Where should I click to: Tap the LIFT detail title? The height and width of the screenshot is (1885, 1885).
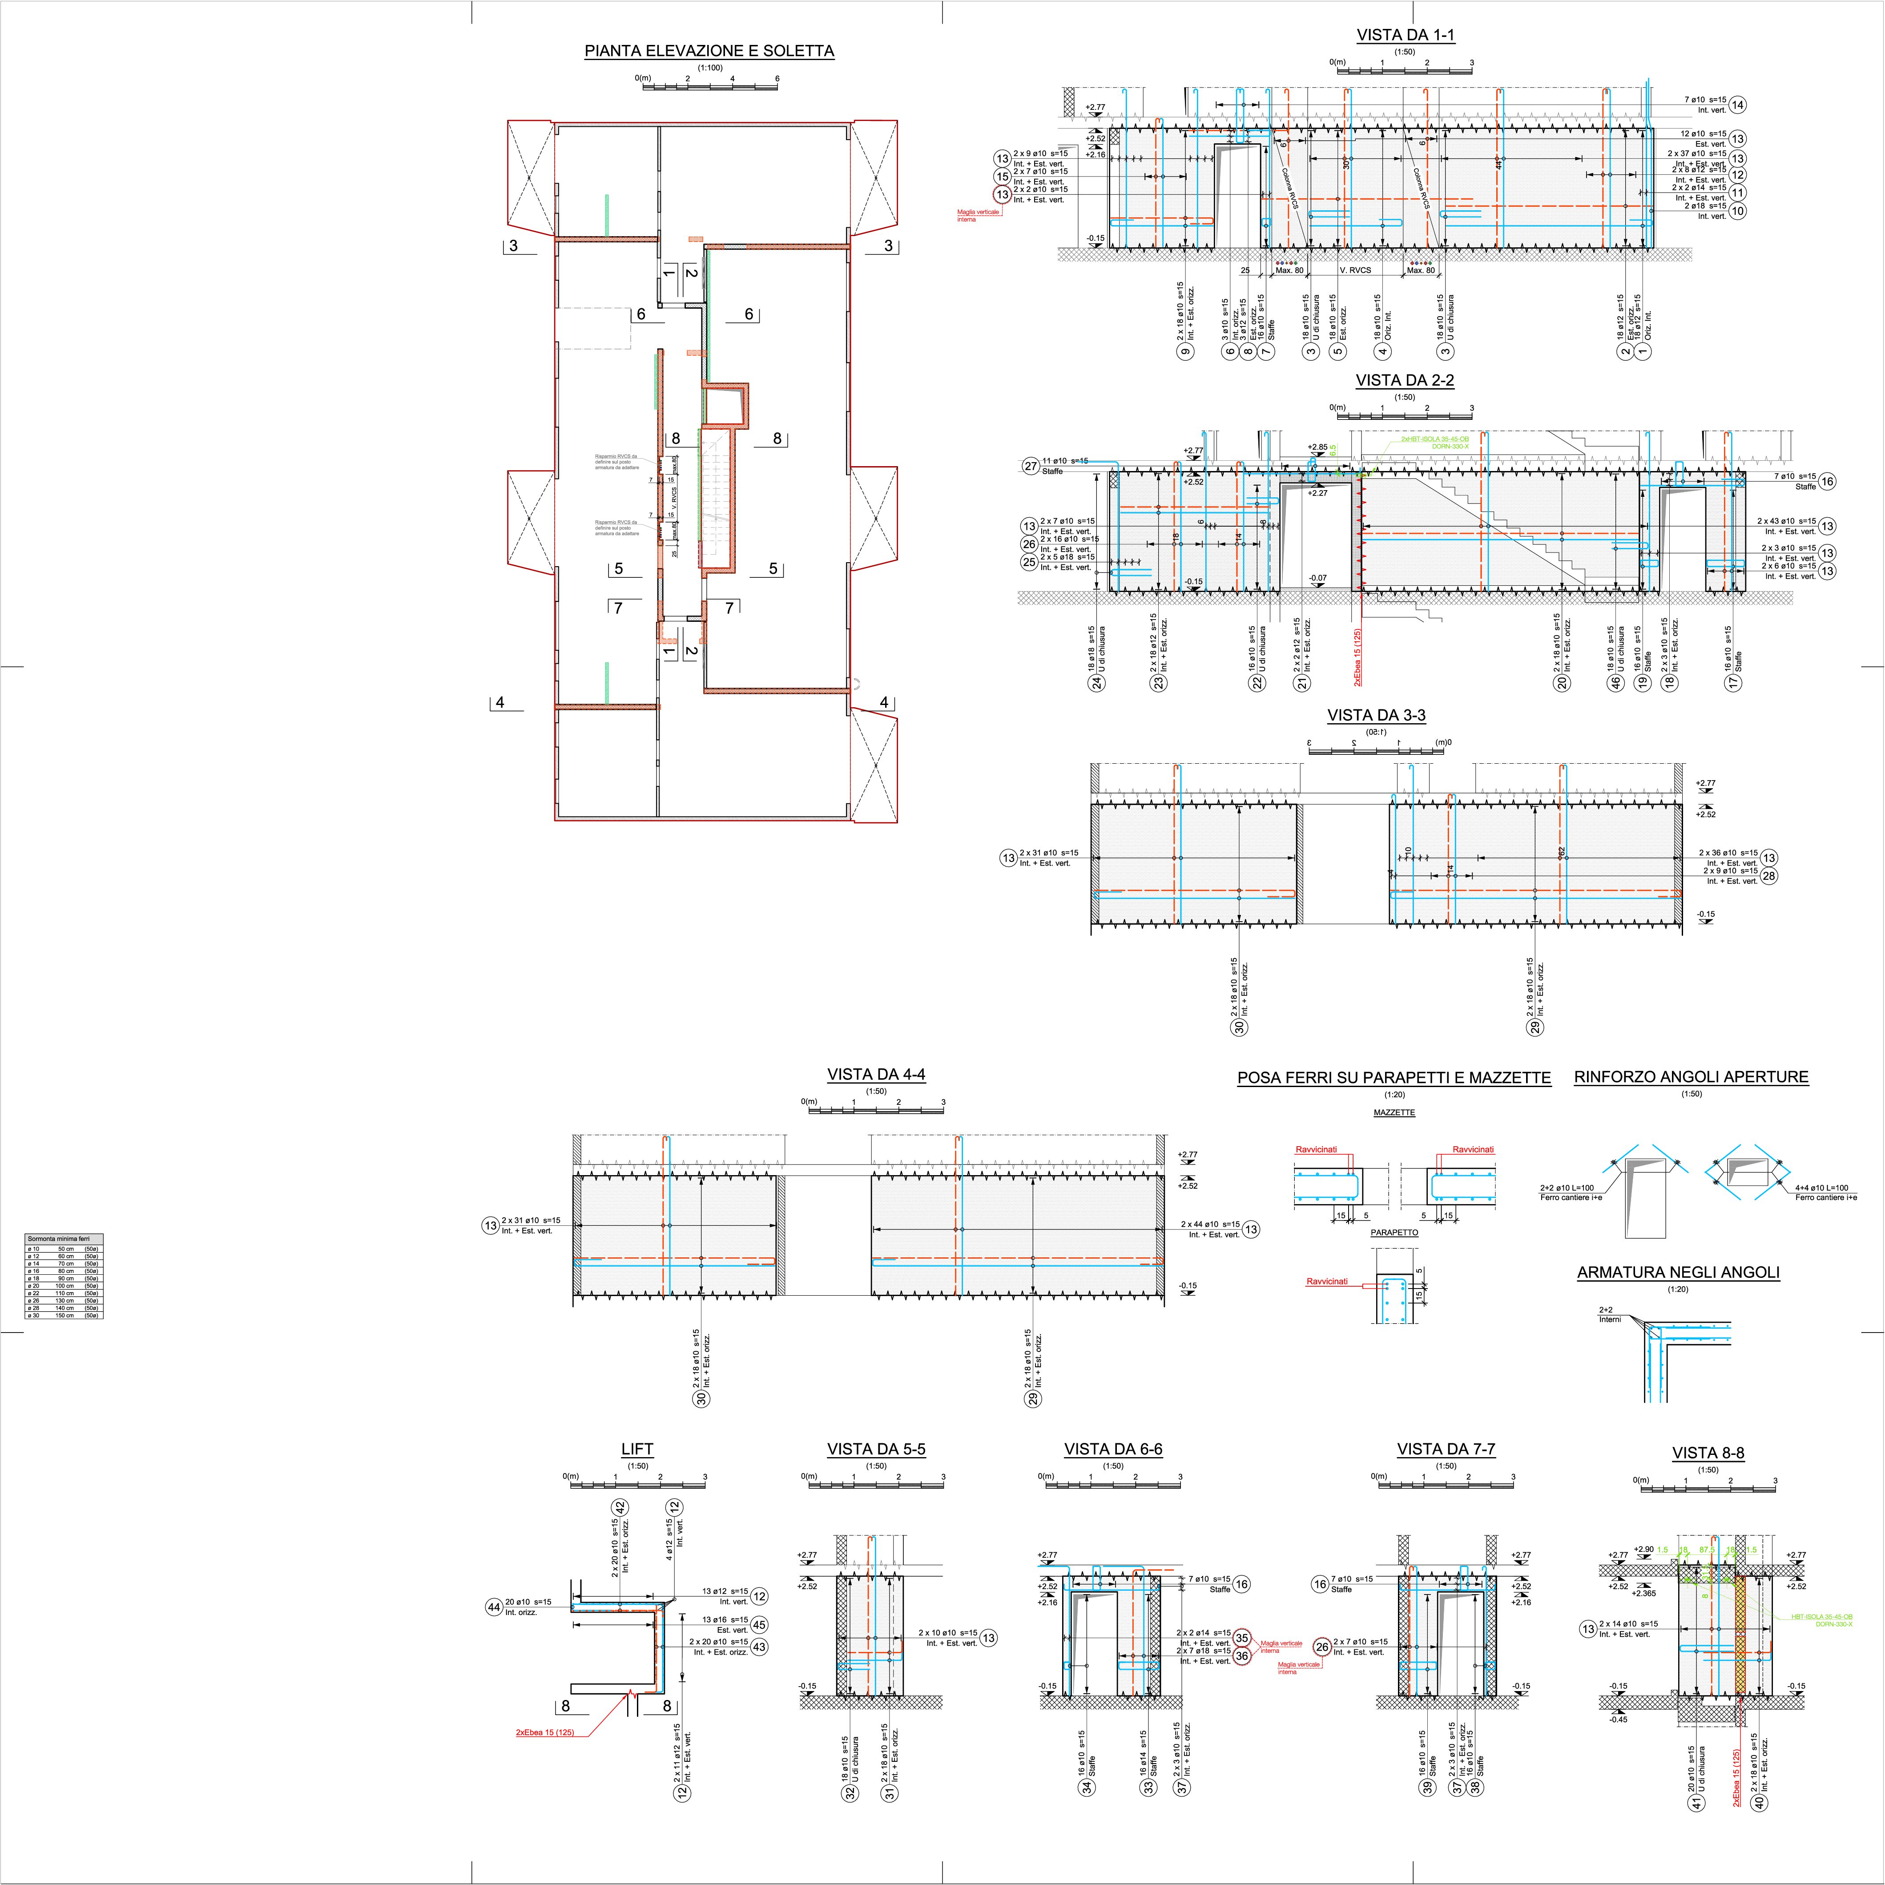tap(637, 1449)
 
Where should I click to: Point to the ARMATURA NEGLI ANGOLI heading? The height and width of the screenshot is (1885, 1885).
tap(1678, 1272)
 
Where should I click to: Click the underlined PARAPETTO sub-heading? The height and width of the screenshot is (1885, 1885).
tap(1394, 1232)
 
